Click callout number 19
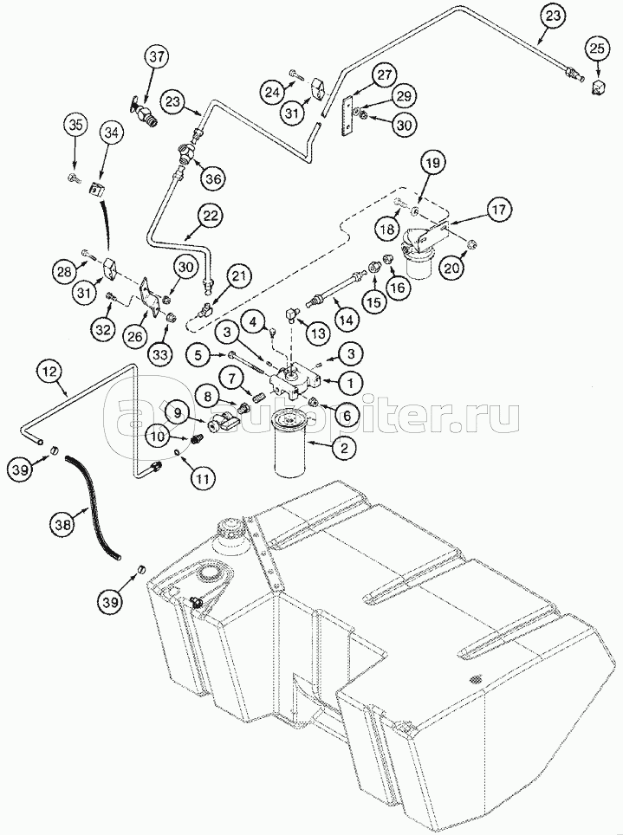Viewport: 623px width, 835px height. coord(433,162)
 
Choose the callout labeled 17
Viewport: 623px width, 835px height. coord(497,209)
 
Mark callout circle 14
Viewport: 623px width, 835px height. coord(346,318)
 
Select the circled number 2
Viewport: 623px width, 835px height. coord(345,448)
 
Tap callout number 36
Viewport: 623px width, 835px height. coord(212,178)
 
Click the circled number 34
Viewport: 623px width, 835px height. coord(111,132)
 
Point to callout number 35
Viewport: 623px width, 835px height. coord(75,126)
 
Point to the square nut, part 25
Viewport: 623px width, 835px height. coord(596,86)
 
